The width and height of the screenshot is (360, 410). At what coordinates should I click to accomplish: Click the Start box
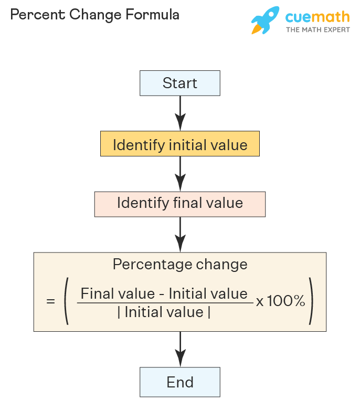tap(180, 83)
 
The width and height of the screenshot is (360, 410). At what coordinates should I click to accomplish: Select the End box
tap(180, 382)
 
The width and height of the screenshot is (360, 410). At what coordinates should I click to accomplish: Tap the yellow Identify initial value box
tap(180, 144)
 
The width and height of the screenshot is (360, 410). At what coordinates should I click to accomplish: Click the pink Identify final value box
tap(180, 204)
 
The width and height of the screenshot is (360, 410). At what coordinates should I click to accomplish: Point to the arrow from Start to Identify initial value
tap(180, 113)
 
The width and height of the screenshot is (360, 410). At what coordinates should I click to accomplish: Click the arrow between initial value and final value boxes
tap(180, 174)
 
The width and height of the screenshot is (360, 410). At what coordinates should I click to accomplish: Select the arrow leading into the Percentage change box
tap(180, 234)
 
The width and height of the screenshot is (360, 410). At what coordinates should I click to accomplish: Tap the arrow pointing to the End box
tap(180, 349)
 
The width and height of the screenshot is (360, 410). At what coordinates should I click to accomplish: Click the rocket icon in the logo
tap(265, 20)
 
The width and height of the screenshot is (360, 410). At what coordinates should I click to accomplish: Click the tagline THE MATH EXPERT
tap(317, 30)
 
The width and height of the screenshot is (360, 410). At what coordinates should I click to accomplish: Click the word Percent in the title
tap(31, 15)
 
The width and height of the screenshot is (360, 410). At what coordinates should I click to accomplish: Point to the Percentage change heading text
tap(180, 264)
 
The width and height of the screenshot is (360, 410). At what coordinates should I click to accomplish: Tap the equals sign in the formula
tap(50, 302)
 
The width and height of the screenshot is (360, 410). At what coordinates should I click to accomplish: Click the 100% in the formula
tap(286, 301)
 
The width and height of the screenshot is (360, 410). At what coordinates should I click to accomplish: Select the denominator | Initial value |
tap(164, 312)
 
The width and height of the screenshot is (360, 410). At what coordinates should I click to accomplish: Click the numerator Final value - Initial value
tap(164, 293)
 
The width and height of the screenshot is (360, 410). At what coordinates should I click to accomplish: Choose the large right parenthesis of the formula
tap(311, 303)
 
